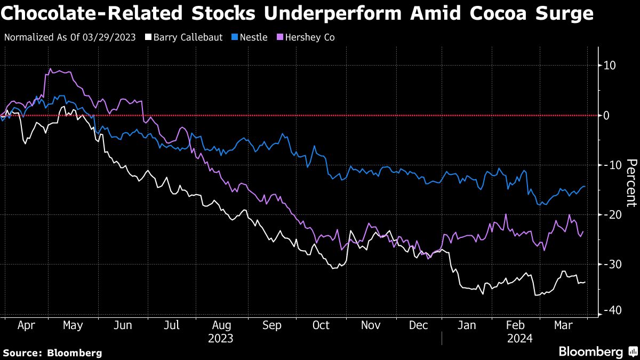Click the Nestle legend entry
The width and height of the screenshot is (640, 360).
pyautogui.click(x=250, y=37)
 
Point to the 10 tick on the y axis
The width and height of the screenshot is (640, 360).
pyautogui.click(x=610, y=66)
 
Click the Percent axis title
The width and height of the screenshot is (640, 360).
pyautogui.click(x=631, y=183)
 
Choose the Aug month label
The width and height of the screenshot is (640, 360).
pyautogui.click(x=221, y=325)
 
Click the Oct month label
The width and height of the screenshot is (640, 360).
pyautogui.click(x=321, y=325)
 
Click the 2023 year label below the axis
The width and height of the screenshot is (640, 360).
pyautogui.click(x=220, y=338)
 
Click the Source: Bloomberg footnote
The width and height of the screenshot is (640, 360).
pyautogui.click(x=52, y=353)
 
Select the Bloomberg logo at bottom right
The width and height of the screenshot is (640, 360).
pyautogui.click(x=597, y=352)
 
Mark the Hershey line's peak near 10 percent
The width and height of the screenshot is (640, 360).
pyautogui.click(x=50, y=69)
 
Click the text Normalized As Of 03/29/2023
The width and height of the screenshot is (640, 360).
pyautogui.click(x=69, y=37)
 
